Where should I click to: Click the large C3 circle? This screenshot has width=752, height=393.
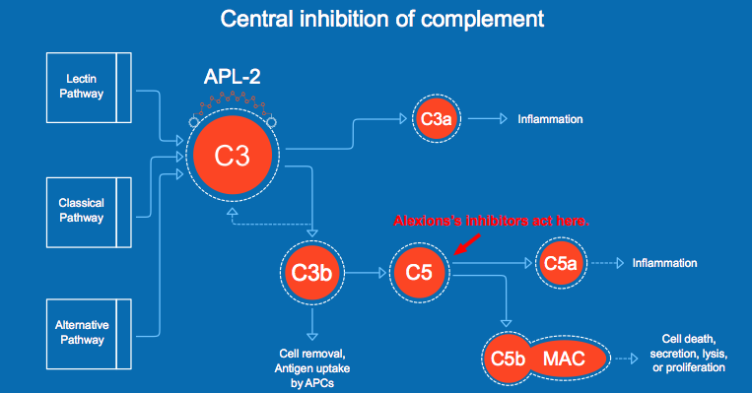(x=233, y=155)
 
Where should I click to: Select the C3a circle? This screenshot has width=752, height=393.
(x=437, y=119)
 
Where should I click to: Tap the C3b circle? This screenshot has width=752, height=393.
(x=311, y=273)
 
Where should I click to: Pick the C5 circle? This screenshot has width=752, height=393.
(x=419, y=273)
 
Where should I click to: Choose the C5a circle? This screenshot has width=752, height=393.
(x=561, y=263)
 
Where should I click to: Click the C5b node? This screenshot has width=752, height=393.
(x=508, y=359)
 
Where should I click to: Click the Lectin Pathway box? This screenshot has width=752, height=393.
(x=89, y=88)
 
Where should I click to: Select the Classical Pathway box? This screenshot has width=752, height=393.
(x=89, y=213)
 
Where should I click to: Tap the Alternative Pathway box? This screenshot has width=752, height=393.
(x=89, y=334)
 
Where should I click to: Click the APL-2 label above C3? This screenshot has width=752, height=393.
(x=233, y=77)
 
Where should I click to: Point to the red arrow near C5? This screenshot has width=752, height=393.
(x=467, y=244)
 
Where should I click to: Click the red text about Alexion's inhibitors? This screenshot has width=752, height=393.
(x=491, y=221)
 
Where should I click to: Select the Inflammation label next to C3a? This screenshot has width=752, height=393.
(x=550, y=119)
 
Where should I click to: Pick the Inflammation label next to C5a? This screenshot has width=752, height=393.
(x=664, y=263)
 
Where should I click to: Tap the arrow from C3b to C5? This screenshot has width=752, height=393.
(x=366, y=273)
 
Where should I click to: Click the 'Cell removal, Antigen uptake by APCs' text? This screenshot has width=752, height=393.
(x=312, y=368)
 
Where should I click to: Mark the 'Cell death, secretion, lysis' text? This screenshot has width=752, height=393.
(x=689, y=354)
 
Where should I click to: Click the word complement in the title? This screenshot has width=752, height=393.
(x=483, y=20)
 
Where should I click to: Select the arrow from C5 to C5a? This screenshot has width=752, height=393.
(x=492, y=263)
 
